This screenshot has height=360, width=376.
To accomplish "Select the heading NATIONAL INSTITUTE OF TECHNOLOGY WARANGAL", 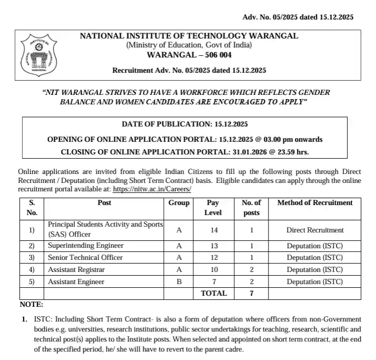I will click(x=189, y=36).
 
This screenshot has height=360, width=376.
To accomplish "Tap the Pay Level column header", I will click(x=213, y=208).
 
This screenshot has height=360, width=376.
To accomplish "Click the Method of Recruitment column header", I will click(x=315, y=203).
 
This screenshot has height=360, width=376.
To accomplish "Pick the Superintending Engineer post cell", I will click(x=86, y=246).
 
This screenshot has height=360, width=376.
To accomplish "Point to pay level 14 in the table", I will click(x=213, y=230).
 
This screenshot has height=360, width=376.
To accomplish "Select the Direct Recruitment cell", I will click(x=315, y=230).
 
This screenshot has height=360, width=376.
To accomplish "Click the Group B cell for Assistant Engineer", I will click(x=179, y=281).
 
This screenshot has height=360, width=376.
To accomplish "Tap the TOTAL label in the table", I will click(x=214, y=294).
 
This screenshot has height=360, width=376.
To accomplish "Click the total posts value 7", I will click(x=251, y=294).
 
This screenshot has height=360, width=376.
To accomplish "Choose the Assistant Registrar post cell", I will click(x=76, y=269).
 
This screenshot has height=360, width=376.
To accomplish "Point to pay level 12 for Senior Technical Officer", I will click(x=213, y=258).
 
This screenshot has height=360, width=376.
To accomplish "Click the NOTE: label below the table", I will click(x=32, y=305).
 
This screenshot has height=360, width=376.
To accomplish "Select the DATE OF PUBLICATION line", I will click(x=184, y=124).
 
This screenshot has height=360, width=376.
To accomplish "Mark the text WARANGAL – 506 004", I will click(x=189, y=55).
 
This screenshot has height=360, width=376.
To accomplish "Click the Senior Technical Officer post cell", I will click(x=85, y=258).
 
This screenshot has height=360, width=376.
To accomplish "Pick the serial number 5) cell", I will click(x=32, y=281).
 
